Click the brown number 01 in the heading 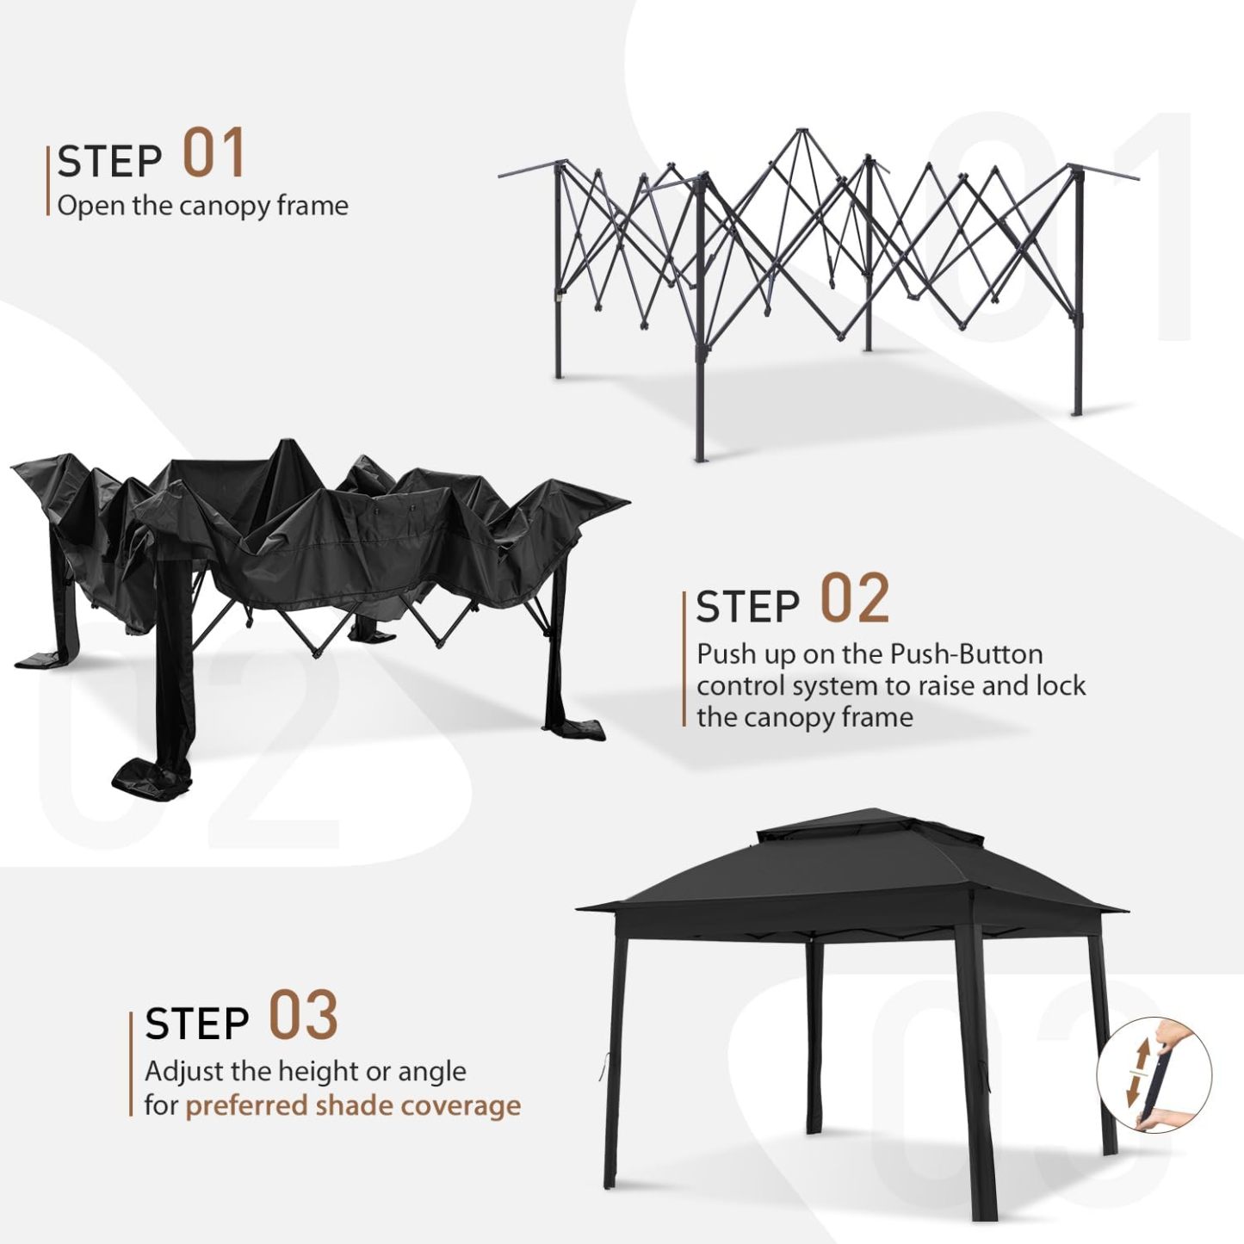pyautogui.click(x=214, y=153)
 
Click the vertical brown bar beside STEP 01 pyautogui.click(x=48, y=181)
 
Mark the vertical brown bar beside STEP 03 pyautogui.click(x=132, y=1064)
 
